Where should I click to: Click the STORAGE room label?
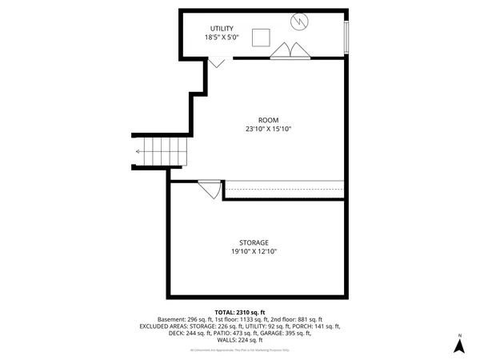click(254, 242)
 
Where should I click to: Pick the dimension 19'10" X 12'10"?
click(254, 252)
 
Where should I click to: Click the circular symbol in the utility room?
click(299, 22)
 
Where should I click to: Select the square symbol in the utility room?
click(261, 37)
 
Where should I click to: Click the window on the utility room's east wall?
click(346, 35)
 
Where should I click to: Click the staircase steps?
click(164, 151)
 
